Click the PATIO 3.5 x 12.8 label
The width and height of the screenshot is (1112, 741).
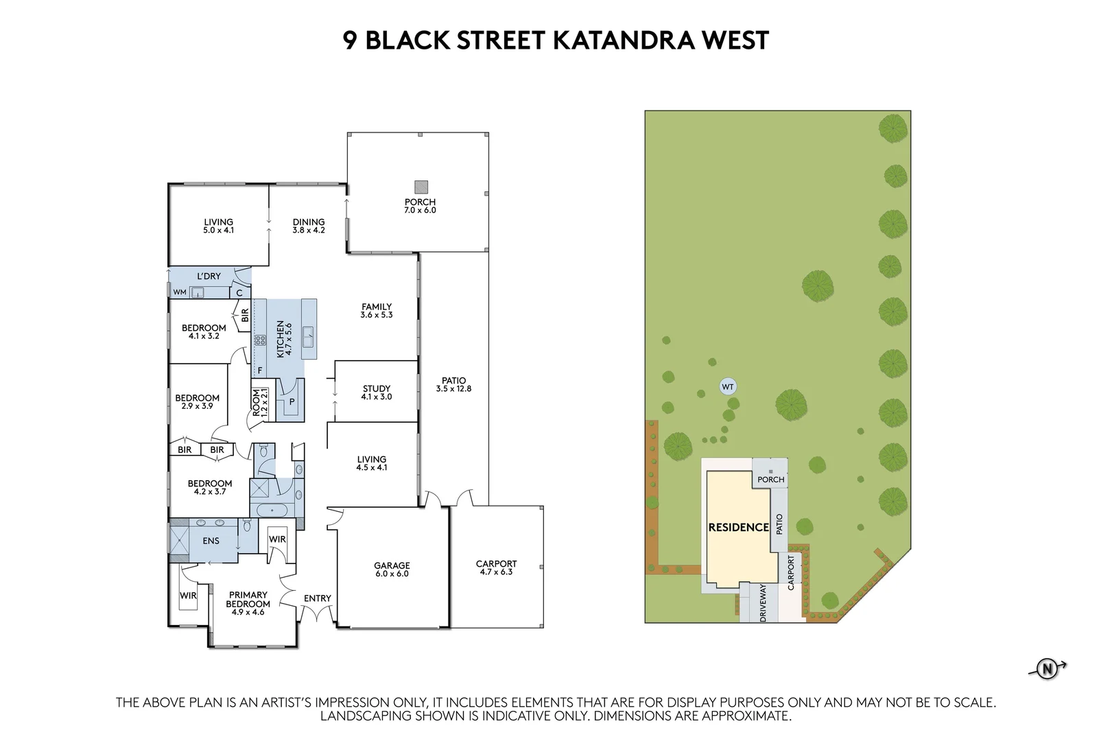pyautogui.click(x=453, y=384)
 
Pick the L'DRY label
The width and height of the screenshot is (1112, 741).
pyautogui.click(x=209, y=277)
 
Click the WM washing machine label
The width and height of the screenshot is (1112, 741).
pyautogui.click(x=179, y=292)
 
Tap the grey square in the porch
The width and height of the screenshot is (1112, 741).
pyautogui.click(x=421, y=187)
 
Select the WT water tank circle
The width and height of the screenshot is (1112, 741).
pyautogui.click(x=727, y=387)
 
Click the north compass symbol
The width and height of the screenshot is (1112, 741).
pyautogui.click(x=1047, y=668)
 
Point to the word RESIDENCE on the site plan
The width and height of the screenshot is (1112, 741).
pyautogui.click(x=738, y=527)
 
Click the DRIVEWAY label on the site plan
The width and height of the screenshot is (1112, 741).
pyautogui.click(x=763, y=604)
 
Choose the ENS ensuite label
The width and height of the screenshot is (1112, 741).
pyautogui.click(x=211, y=541)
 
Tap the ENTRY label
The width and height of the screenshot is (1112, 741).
pyautogui.click(x=317, y=598)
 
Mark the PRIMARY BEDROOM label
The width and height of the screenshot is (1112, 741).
pyautogui.click(x=248, y=600)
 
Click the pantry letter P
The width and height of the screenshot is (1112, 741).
pyautogui.click(x=292, y=401)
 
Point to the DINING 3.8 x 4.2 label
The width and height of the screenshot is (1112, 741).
pyautogui.click(x=309, y=226)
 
